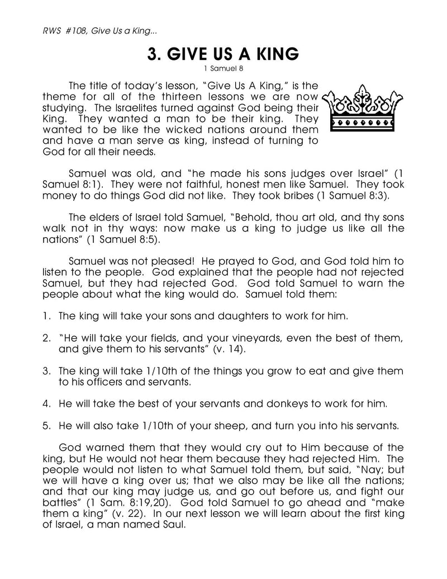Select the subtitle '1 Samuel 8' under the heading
pos(223,69)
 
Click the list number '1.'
pos(47,316)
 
